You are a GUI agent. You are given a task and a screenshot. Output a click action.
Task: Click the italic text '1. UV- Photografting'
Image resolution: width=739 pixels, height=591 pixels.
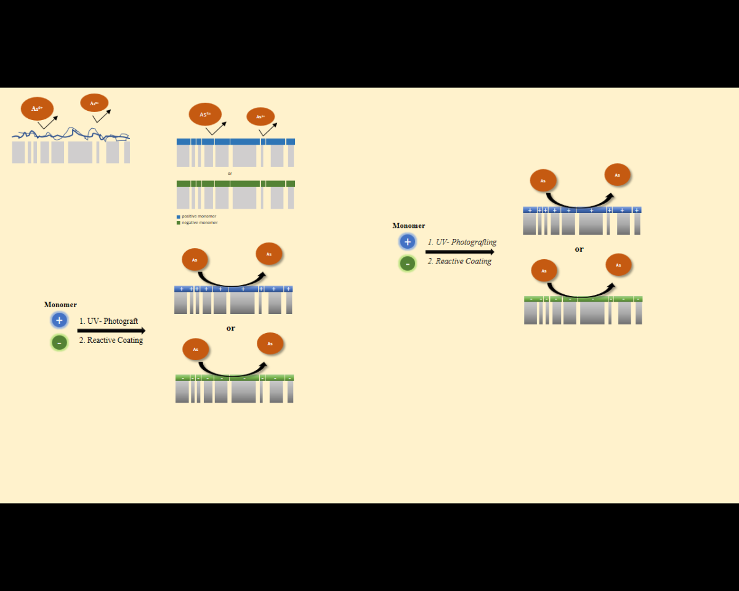coord(462,242)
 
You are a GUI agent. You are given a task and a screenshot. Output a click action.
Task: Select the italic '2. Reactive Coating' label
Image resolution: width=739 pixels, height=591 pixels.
coord(459,261)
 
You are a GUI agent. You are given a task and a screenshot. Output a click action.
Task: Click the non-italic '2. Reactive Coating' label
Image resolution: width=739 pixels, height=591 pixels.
coord(111,340)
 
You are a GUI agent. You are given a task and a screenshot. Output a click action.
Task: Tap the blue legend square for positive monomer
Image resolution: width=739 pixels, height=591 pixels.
coord(179,217)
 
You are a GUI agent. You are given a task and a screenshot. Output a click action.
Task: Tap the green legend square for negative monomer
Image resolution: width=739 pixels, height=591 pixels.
coord(179,223)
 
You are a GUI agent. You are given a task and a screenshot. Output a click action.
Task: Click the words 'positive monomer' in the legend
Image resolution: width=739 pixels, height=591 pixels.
coord(199,217)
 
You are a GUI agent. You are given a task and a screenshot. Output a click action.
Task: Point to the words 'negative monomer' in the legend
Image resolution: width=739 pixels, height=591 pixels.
coord(200,223)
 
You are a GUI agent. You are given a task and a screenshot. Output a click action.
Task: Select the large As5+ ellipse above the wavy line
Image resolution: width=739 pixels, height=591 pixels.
coord(37,108)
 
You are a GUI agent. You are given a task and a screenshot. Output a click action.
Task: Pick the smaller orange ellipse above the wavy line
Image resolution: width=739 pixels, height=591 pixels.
coord(94,103)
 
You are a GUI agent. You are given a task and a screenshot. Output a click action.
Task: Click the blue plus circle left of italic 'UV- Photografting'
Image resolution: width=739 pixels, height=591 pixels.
coord(407,242)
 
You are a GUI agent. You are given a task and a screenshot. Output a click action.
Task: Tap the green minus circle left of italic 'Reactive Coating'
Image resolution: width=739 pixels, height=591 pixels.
coord(407,263)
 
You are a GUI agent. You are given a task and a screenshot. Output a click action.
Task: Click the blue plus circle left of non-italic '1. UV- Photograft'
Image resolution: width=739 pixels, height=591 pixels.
coord(59,320)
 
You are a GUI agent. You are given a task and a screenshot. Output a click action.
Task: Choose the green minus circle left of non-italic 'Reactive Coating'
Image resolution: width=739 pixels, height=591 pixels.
coord(59,342)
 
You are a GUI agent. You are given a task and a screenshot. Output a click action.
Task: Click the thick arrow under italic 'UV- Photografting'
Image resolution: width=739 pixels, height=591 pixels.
coord(459,252)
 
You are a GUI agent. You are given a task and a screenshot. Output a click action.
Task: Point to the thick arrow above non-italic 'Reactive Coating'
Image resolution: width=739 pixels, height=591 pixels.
coord(111,331)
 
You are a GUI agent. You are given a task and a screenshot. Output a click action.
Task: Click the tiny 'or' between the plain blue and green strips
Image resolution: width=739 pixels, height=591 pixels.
coord(230,174)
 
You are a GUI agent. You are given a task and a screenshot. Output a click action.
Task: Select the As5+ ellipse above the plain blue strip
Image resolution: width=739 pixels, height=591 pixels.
coord(205,114)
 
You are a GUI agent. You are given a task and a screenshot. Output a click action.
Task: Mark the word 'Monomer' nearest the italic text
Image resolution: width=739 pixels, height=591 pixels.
coord(409,226)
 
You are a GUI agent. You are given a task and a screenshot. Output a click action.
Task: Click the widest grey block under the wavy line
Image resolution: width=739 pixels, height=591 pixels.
coord(80,152)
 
